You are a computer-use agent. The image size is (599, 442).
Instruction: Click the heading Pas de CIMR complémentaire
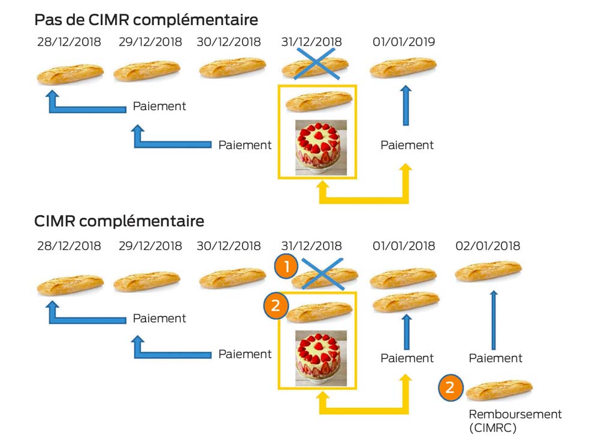pos(146,20)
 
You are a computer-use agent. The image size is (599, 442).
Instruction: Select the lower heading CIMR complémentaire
pos(119,221)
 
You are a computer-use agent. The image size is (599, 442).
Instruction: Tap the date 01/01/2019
pos(404,42)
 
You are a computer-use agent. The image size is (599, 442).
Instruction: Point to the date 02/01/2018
pos(488,246)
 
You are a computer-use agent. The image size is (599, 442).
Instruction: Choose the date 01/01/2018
pos(404,246)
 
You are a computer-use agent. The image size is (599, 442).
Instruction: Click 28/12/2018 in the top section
pos(69,42)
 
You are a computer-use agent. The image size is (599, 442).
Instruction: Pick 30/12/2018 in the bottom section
pos(228,246)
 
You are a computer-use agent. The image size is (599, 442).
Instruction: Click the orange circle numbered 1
pos(286,266)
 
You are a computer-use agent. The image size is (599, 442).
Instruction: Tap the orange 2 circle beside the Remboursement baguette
pos(451,387)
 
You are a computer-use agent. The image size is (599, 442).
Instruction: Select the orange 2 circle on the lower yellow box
pos(276,305)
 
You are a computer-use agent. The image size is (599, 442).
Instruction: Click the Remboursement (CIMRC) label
pos(515,420)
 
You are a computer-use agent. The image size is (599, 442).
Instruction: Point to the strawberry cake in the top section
pos(321,147)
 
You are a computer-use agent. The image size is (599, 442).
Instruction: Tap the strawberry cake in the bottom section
pos(321,358)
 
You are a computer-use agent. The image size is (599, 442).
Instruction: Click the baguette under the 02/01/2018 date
pos(488,271)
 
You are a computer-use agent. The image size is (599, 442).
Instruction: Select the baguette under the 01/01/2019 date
pos(403,67)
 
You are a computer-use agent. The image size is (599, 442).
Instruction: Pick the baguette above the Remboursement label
pos(500,390)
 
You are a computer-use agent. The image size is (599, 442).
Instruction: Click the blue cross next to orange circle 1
pos(322,274)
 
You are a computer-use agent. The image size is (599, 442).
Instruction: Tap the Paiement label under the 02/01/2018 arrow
pos(495,358)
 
